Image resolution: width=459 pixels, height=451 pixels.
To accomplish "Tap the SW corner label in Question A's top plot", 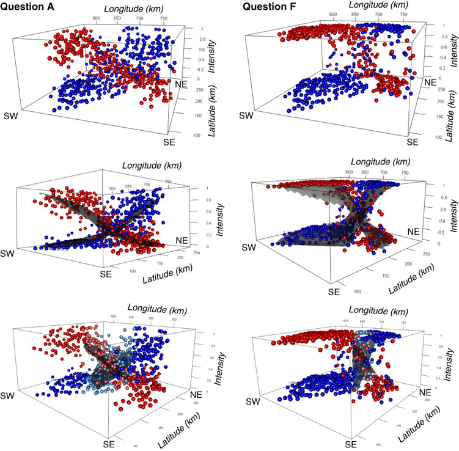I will click(x=12, y=116).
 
